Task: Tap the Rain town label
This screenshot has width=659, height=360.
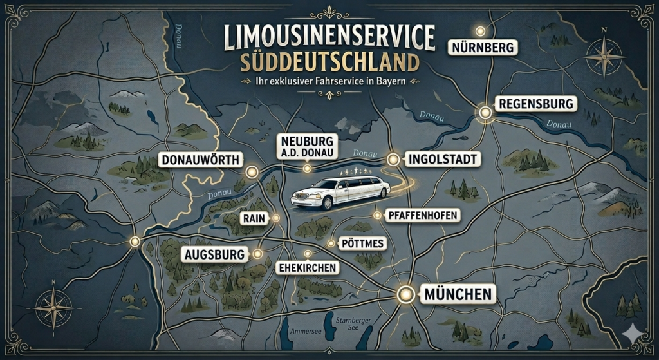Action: (250, 218)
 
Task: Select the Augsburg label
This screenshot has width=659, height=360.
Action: (215, 254)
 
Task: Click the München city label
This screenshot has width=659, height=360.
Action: (458, 295)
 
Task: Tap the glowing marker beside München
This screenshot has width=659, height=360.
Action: (405, 295)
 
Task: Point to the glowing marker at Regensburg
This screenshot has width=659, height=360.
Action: (485, 113)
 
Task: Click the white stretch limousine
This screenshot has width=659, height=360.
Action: (341, 192)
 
